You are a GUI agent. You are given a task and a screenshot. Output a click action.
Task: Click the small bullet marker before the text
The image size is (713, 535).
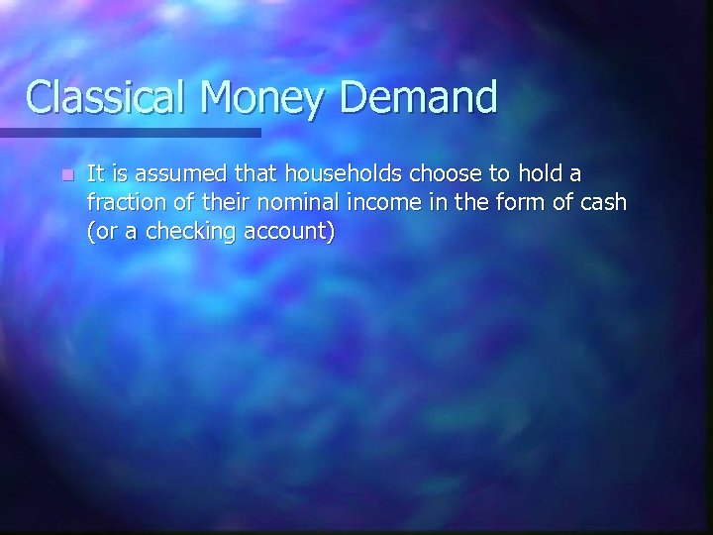point(65,175)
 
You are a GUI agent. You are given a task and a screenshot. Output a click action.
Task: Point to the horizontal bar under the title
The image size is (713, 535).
point(129,132)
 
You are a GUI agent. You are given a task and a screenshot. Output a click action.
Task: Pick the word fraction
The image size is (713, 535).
point(122,203)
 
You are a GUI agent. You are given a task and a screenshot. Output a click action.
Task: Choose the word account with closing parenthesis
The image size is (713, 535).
point(290,233)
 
